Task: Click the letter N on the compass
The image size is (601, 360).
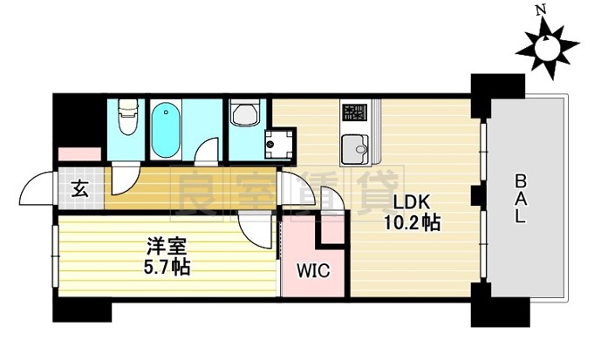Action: pos(541,10)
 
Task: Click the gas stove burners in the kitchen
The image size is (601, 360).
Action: pos(354,112)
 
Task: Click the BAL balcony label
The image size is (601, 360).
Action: pos(520,200)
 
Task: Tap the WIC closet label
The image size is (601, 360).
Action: pos(313,271)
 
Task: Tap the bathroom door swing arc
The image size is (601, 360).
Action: pos(207,150)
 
